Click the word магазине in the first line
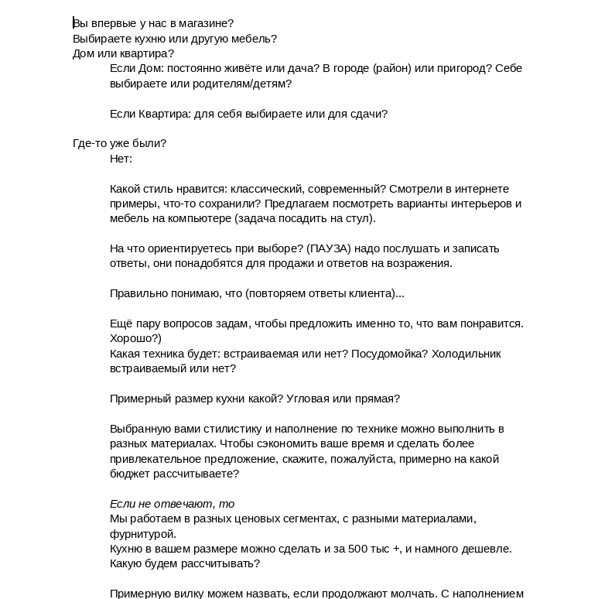pos(206,23)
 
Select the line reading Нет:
pos(121,159)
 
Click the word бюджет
pos(128,474)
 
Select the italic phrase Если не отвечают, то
pos(172,504)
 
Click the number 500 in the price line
pos(357,549)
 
